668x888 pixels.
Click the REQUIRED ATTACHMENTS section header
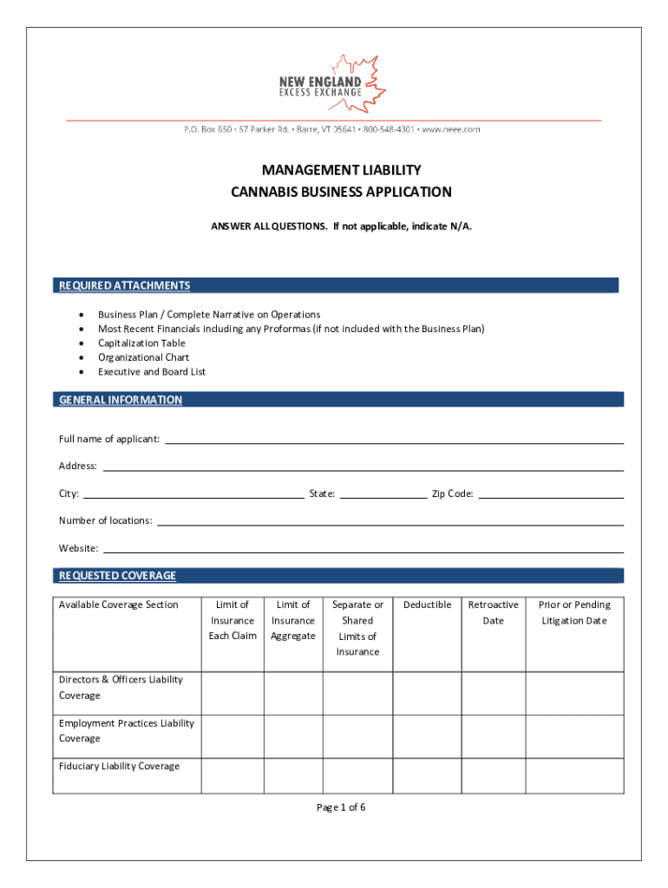tap(124, 285)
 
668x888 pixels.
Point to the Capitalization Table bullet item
tap(141, 343)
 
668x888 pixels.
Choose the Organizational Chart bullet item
tap(143, 357)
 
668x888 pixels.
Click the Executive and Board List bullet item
tap(152, 371)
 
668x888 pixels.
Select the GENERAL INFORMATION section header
tap(121, 400)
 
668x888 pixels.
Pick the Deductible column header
tap(427, 604)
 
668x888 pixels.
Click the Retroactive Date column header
tap(493, 612)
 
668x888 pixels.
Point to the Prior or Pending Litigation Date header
tap(574, 612)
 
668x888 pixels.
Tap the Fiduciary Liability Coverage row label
tap(119, 766)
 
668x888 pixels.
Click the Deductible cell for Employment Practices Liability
tap(427, 736)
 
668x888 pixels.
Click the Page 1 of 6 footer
tap(341, 807)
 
